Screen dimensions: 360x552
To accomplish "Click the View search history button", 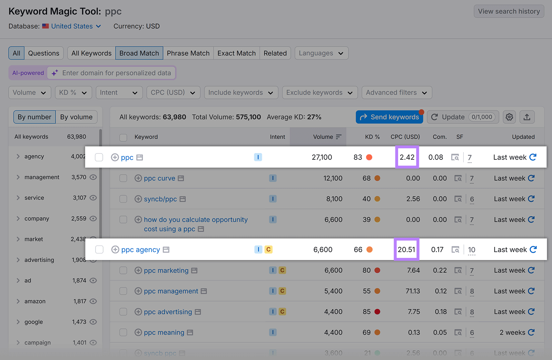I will pos(509,11).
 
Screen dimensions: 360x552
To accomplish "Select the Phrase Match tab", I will pos(188,53).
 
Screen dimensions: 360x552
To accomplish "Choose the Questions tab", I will pos(43,53).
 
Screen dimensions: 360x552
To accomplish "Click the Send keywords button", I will pos(389,117).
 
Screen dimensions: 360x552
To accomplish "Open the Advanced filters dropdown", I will pos(396,92).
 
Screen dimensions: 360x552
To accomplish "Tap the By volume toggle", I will pos(76,117).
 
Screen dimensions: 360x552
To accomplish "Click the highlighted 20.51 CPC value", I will pos(406,249).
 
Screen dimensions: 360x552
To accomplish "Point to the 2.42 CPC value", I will pos(407,157).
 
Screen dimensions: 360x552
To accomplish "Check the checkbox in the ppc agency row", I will pos(99,249).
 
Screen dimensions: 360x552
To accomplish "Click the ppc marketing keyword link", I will pos(166,270).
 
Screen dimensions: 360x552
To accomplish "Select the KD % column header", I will pos(372,137).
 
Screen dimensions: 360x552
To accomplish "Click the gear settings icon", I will pos(509,117).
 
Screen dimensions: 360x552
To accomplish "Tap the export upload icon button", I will pos(527,117).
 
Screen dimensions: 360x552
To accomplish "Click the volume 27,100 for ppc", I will pos(322,157).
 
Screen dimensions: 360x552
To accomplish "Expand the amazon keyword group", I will pos(18,301).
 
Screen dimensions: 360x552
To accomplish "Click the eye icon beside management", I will pos(93,177).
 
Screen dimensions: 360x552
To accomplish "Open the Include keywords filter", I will pos(241,92).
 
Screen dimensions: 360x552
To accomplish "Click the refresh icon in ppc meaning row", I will pos(531,332).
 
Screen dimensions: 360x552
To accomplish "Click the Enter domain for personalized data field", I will pos(116,73).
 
